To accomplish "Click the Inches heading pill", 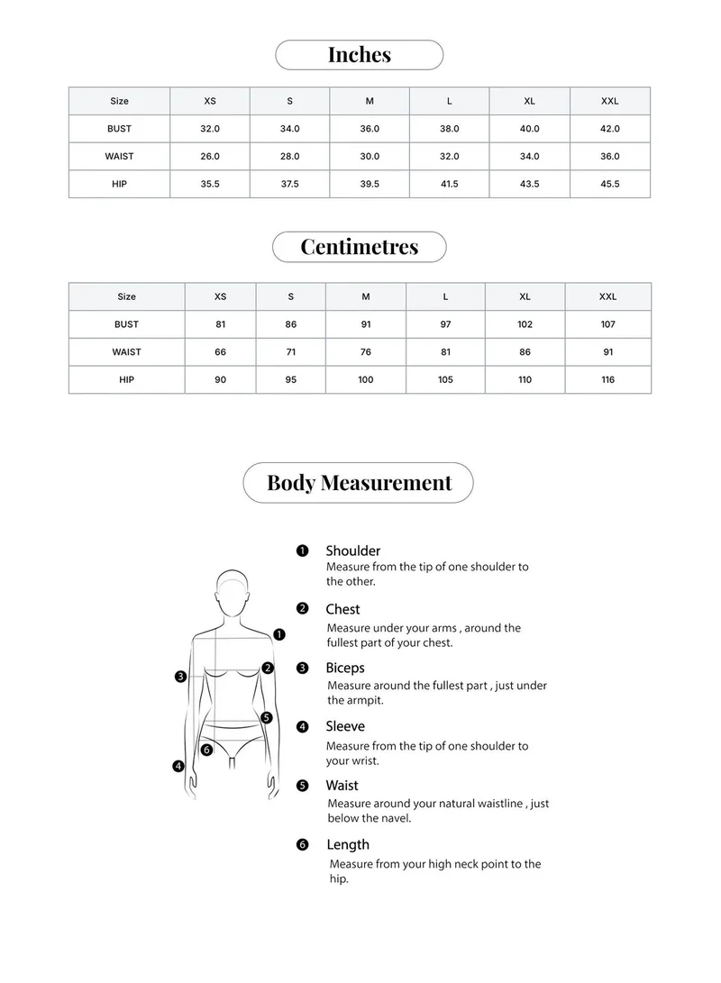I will click(359, 55).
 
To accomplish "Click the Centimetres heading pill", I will click(359, 247).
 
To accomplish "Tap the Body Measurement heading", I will click(359, 483).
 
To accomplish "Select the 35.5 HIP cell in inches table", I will click(210, 184).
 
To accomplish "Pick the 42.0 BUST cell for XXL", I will click(610, 129).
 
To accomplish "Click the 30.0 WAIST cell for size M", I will click(370, 156).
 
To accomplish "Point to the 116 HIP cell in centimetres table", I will click(608, 379).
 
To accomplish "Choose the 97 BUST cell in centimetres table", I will click(445, 324).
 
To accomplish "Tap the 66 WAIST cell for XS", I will click(221, 352).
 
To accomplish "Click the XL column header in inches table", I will click(530, 101).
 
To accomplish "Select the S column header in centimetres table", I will click(291, 296).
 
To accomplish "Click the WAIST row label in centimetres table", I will click(126, 352).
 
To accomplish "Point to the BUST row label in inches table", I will click(119, 129).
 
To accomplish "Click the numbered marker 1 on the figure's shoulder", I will click(279, 634).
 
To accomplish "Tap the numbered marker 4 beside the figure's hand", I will click(178, 766).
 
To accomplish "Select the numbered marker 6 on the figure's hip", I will click(206, 750).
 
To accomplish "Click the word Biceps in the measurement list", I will click(345, 669).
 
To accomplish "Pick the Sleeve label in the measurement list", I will click(345, 726).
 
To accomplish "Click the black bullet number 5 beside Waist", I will click(303, 786).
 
